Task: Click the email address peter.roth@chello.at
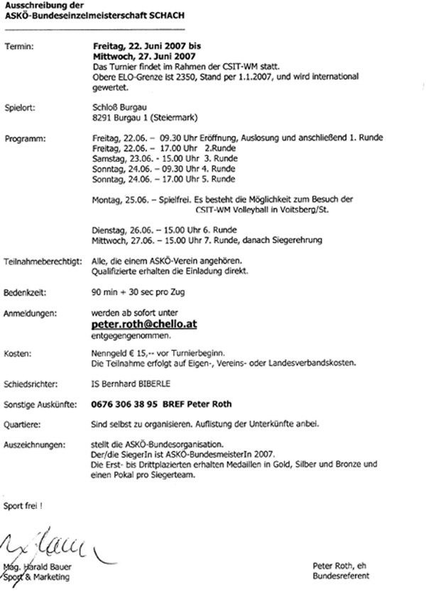coord(143,324)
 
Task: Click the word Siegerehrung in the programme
coord(297,240)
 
